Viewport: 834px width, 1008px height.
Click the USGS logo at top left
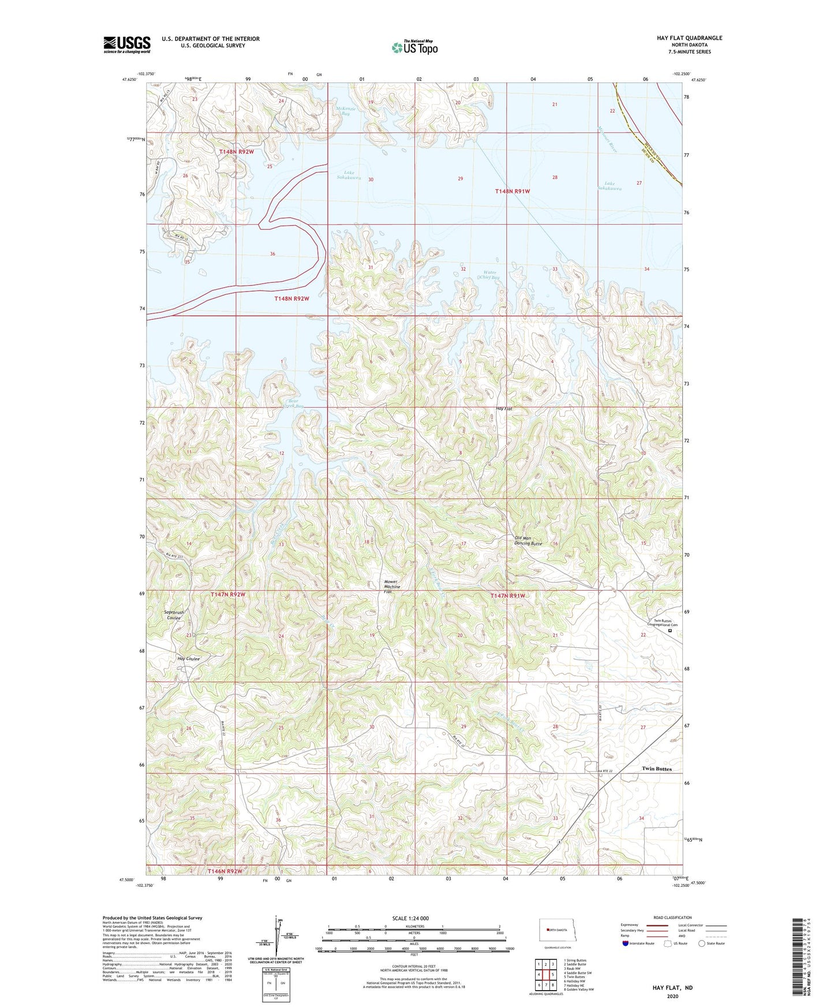click(127, 44)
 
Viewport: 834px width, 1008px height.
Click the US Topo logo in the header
click(414, 47)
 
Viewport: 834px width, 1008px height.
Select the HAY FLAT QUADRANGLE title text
click(689, 38)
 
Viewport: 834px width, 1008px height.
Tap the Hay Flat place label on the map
click(504, 409)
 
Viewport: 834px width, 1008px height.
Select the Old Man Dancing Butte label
click(528, 540)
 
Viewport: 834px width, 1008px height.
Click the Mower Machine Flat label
click(392, 587)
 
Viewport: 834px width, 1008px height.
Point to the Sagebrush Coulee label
click(174, 615)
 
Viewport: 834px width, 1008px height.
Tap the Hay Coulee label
click(189, 659)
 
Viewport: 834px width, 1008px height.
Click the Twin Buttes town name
click(656, 769)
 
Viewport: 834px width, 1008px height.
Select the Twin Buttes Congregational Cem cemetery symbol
click(670, 631)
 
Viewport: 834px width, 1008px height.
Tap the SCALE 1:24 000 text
click(410, 918)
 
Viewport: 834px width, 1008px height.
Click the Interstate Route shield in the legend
click(626, 943)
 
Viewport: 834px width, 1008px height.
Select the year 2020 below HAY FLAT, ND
click(672, 996)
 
